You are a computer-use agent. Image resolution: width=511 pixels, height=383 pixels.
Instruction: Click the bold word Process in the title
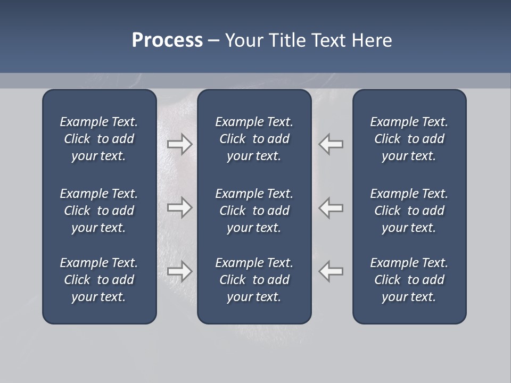pyautogui.click(x=167, y=40)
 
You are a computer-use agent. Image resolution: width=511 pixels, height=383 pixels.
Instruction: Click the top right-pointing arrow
pyautogui.click(x=179, y=144)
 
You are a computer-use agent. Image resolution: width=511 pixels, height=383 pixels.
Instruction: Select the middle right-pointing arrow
pyautogui.click(x=179, y=207)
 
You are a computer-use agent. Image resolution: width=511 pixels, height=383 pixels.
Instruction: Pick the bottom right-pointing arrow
pyautogui.click(x=179, y=271)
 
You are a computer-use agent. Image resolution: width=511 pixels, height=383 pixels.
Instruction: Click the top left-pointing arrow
pyautogui.click(x=331, y=144)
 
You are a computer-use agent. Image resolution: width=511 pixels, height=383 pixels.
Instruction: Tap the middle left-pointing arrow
pyautogui.click(x=331, y=207)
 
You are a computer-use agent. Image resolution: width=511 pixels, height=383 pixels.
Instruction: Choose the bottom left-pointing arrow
pyautogui.click(x=331, y=271)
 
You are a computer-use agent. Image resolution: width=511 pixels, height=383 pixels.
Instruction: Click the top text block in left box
pyautogui.click(x=99, y=139)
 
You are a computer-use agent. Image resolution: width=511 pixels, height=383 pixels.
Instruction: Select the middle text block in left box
pyautogui.click(x=99, y=211)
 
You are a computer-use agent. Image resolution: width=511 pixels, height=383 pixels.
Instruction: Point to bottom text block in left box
pyautogui.click(x=99, y=280)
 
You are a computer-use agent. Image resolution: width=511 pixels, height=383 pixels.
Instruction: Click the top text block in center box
pyautogui.click(x=254, y=139)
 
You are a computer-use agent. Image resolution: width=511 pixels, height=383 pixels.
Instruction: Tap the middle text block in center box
pyautogui.click(x=254, y=211)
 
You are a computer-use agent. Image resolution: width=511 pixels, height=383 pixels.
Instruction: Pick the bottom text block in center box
pyautogui.click(x=254, y=280)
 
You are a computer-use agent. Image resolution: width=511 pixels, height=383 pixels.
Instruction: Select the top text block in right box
pyautogui.click(x=409, y=139)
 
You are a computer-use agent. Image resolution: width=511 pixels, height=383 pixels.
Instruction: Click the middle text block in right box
pyautogui.click(x=409, y=211)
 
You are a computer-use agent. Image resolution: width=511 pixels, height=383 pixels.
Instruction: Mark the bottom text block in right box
pyautogui.click(x=409, y=280)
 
